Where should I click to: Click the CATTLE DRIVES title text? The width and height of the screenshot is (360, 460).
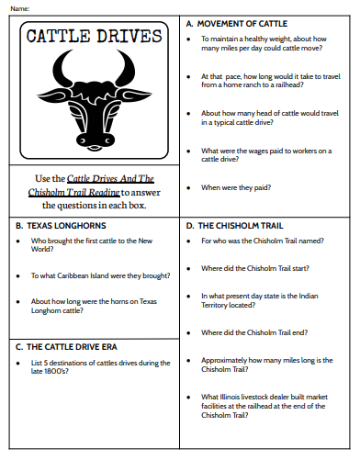(x=94, y=38)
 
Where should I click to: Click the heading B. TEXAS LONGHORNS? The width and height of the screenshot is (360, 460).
(x=61, y=224)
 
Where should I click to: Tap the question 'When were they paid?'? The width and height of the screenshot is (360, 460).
(x=237, y=187)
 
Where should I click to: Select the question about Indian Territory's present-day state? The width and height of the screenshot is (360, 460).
(x=265, y=300)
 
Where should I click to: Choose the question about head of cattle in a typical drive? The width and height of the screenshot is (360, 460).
(x=265, y=118)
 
